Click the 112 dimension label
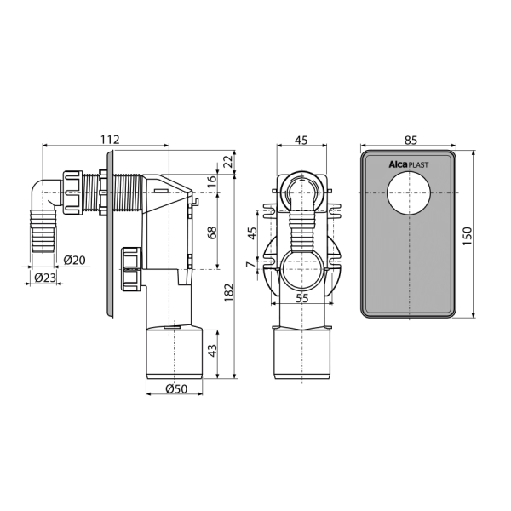tap(110, 140)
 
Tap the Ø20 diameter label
tap(75, 260)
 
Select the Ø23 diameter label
tap(45, 278)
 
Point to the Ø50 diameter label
tap(176, 388)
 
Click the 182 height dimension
tap(229, 292)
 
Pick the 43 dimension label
tap(212, 351)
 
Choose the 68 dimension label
tap(212, 233)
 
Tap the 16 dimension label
tap(212, 181)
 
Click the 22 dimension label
tap(229, 161)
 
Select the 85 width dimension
tap(411, 140)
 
